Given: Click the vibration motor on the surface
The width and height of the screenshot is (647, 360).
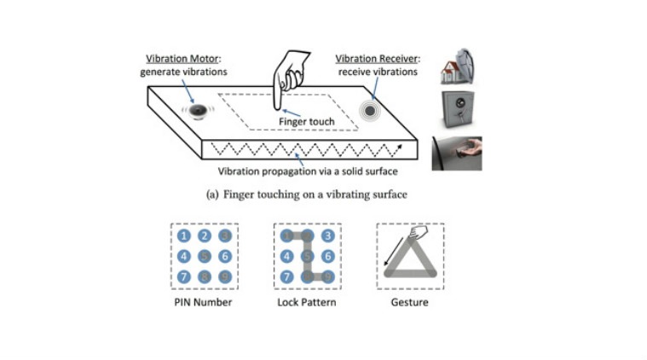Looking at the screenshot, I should click(198, 111).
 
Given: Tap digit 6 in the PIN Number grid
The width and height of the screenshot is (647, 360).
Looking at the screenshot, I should click(224, 256).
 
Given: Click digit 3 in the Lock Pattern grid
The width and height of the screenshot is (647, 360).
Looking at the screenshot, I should click(326, 236).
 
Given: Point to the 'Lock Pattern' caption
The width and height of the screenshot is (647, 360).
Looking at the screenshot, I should click(307, 302).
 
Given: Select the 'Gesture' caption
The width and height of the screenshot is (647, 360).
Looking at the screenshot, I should click(410, 302).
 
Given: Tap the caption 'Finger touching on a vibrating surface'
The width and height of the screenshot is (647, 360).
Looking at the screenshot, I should click(307, 194).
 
